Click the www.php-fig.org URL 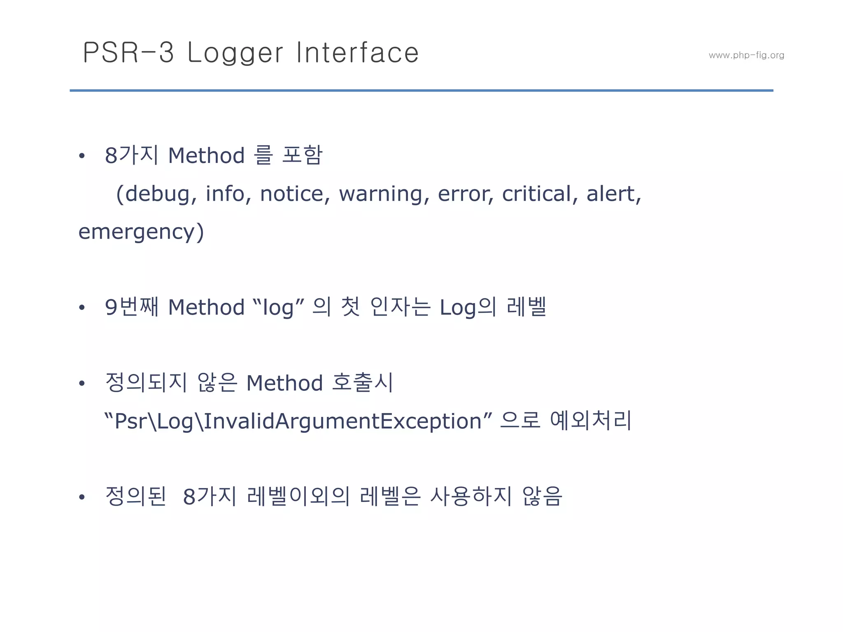(746, 55)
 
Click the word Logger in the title (235, 53)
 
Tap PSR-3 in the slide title (128, 53)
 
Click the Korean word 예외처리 (590, 421)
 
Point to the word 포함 (302, 156)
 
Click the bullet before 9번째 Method (82, 307)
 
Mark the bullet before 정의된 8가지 (82, 497)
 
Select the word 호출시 (362, 383)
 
